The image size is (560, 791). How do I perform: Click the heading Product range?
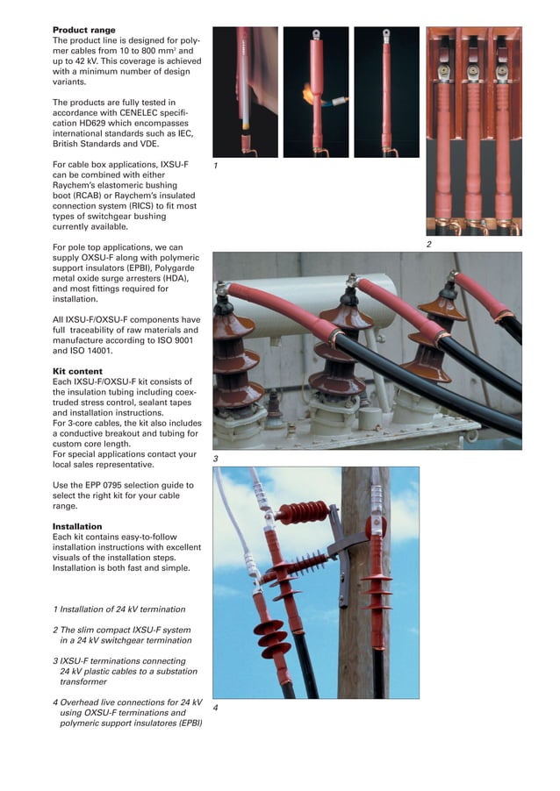(84, 31)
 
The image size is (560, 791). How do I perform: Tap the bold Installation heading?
(77, 526)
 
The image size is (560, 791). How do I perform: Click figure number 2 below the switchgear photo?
(428, 244)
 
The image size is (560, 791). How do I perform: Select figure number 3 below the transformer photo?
(215, 459)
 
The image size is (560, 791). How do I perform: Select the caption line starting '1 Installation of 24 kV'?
(119, 609)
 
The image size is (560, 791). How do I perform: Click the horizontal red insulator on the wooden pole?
(303, 512)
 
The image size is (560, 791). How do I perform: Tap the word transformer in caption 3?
(83, 681)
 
